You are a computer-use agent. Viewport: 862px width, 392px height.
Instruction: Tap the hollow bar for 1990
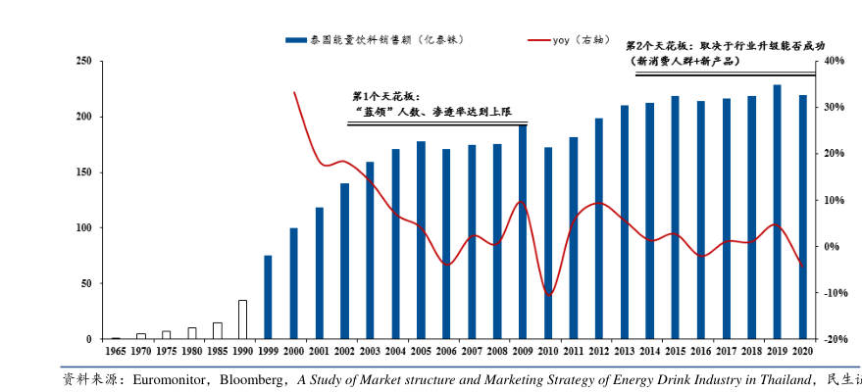click(242, 319)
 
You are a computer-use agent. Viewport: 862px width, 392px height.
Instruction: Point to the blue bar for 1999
click(268, 297)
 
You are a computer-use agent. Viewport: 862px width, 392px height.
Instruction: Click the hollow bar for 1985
click(217, 330)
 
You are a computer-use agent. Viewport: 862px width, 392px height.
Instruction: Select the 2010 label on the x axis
click(548, 350)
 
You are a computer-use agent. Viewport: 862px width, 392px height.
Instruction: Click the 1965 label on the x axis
click(115, 350)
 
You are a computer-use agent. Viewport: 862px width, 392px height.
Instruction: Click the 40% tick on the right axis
click(835, 62)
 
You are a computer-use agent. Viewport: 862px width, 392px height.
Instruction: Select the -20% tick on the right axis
click(835, 339)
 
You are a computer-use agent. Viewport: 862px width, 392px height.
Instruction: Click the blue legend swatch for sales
click(295, 40)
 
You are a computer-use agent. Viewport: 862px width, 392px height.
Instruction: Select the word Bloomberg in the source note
click(250, 378)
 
